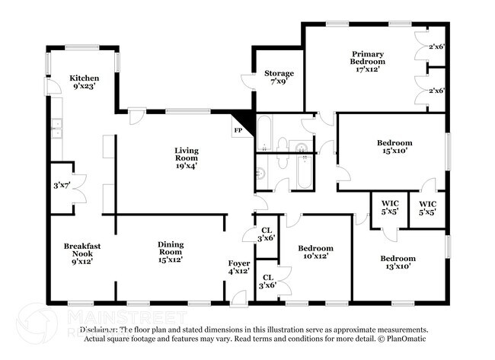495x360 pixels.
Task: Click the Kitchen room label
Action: tap(84, 78)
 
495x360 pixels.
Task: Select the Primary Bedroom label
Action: tap(367, 58)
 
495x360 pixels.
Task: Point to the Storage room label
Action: tap(279, 74)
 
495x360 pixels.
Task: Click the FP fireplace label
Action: tap(238, 130)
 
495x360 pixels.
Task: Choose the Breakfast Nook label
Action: tap(82, 250)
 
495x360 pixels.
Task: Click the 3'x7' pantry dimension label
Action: tap(60, 185)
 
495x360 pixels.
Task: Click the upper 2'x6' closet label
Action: tap(436, 47)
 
